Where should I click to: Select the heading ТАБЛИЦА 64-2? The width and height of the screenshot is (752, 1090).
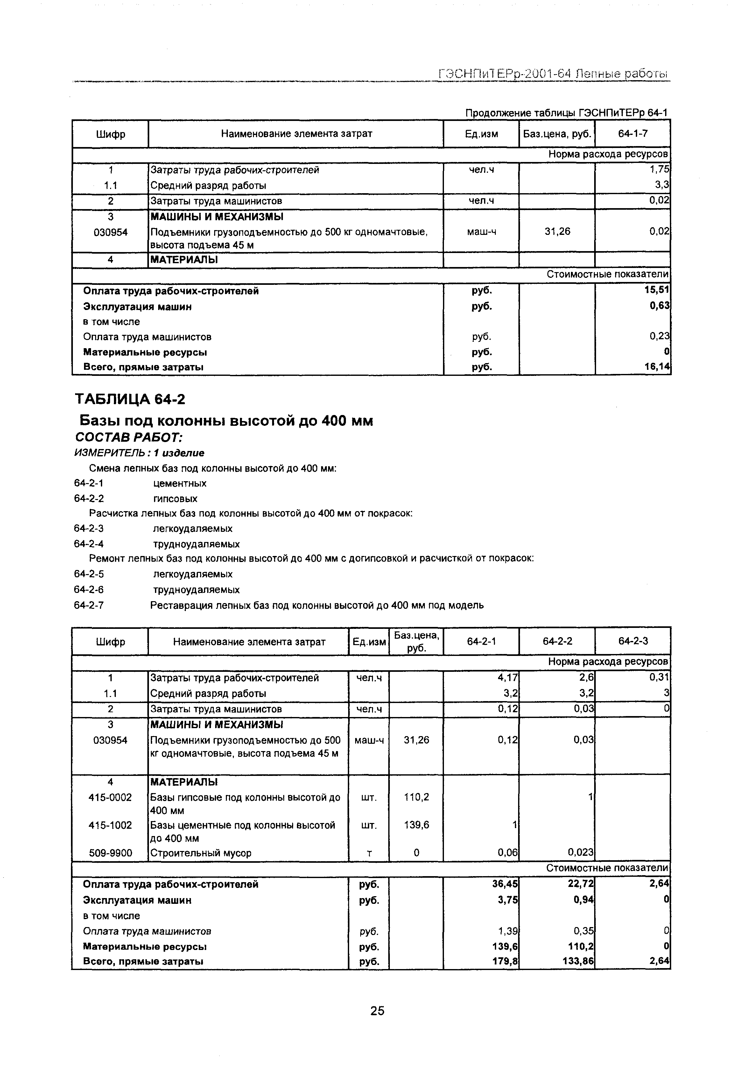130,399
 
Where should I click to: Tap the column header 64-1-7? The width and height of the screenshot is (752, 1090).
632,134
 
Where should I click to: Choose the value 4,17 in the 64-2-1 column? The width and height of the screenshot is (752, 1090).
508,678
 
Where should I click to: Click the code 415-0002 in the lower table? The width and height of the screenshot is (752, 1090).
110,798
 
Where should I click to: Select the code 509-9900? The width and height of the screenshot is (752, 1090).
110,853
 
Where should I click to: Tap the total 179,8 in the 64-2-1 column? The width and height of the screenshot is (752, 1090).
506,961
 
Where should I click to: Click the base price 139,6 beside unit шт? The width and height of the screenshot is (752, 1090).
417,825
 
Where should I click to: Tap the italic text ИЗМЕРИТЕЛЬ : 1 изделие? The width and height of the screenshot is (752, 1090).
139,453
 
